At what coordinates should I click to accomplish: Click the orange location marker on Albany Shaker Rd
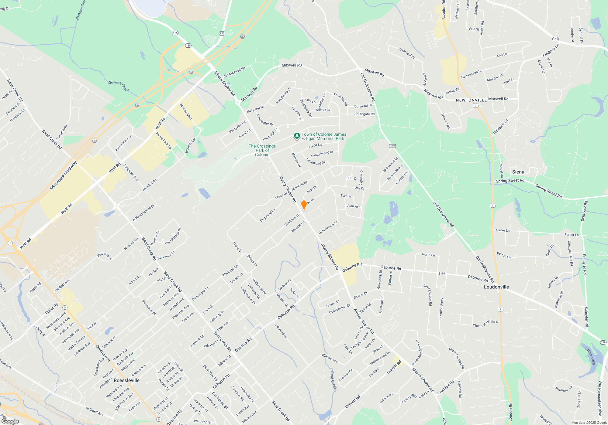tap(304, 205)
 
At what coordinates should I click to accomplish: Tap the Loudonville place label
tap(496, 287)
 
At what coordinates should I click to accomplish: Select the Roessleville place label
tap(126, 380)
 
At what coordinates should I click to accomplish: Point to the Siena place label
tap(518, 172)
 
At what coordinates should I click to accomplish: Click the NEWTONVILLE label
tap(471, 100)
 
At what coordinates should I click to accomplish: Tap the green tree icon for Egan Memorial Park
tap(297, 136)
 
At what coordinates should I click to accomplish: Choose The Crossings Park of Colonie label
tap(262, 150)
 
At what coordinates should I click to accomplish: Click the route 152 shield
tap(392, 146)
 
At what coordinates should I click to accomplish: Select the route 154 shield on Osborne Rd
tap(442, 274)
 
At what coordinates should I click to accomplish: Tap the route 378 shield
tap(603, 342)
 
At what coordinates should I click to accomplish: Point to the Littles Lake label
tap(590, 355)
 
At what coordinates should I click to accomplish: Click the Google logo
tap(10, 421)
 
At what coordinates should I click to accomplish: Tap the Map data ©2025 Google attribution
tap(589, 423)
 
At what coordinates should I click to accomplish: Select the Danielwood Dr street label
tap(328, 228)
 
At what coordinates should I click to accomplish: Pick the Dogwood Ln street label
tap(268, 215)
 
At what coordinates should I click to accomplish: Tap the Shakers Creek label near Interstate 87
tap(119, 86)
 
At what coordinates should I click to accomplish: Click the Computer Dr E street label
tap(131, 172)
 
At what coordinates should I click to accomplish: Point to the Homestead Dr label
tap(471, 74)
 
